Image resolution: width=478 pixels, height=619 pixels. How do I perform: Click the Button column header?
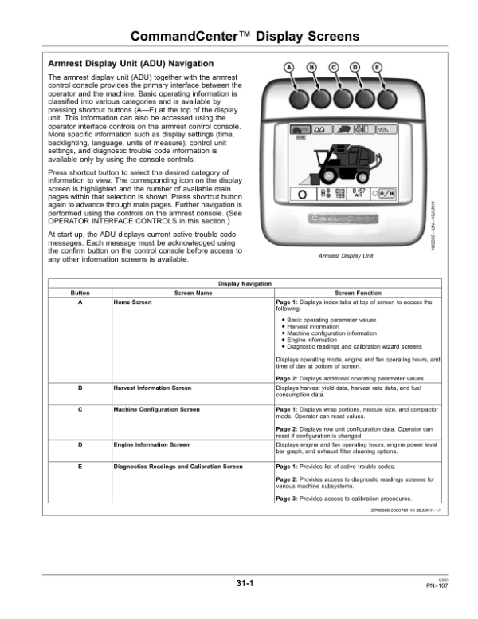tap(80, 294)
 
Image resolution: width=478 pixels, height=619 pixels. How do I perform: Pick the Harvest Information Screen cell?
tap(152, 388)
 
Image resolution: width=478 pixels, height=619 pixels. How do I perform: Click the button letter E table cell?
tap(80, 466)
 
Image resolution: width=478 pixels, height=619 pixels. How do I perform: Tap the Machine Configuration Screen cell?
tap(156, 409)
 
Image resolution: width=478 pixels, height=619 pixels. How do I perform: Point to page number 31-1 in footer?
tap(245, 585)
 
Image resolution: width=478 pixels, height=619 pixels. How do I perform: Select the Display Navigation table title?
tap(243, 284)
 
